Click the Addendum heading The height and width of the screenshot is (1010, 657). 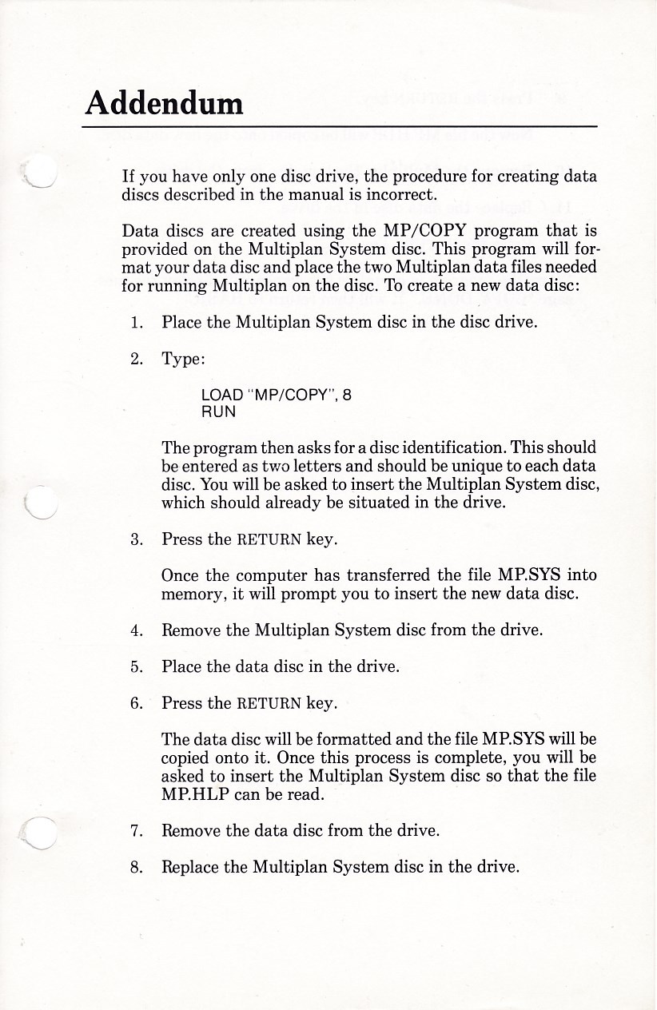(165, 102)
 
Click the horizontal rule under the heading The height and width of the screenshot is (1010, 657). (341, 126)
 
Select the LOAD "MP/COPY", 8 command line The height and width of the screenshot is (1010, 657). (277, 395)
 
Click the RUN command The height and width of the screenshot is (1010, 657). (219, 412)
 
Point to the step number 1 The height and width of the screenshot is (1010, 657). (137, 324)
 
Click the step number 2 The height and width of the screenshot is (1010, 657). (137, 359)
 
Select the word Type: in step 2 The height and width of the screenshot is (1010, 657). (184, 360)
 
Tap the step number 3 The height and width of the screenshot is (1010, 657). (137, 539)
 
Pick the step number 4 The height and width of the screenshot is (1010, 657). (137, 630)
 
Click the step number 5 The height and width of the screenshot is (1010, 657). (137, 666)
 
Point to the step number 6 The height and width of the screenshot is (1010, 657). (137, 703)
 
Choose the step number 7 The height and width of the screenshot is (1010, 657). (137, 830)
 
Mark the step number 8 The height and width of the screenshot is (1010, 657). (137, 866)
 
